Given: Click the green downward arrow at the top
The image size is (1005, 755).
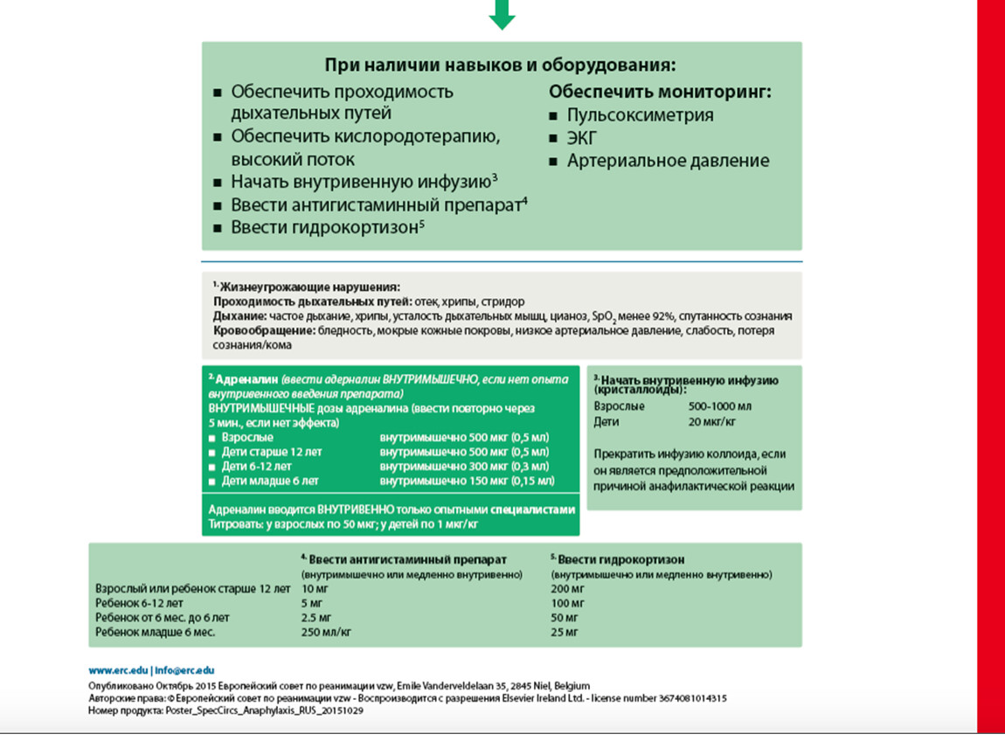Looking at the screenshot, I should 502,13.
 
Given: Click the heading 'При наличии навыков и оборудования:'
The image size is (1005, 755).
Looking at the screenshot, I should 501,66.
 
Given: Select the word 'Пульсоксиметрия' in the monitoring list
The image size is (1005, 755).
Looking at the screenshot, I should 640,115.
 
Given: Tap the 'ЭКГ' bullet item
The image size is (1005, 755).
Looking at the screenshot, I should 582,138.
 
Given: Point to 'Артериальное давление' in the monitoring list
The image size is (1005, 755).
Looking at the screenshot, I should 668,161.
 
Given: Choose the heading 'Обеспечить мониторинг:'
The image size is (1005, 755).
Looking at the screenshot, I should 660,92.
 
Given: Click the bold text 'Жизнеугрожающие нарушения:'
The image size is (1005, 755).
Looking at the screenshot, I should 310,287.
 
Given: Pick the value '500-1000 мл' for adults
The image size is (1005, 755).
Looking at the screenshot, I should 720,406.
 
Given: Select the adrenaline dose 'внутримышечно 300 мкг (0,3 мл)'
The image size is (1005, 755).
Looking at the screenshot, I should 464,467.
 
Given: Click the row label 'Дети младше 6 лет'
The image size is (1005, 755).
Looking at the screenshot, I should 269,481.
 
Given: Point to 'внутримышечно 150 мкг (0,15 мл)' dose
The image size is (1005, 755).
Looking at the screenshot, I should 467,481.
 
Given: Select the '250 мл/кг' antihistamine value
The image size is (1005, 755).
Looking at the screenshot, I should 325,632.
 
